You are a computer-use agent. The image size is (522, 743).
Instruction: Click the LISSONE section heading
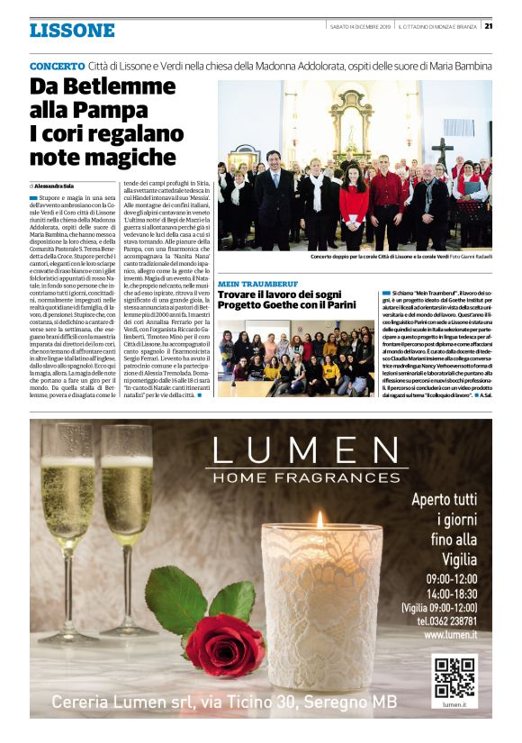(72, 31)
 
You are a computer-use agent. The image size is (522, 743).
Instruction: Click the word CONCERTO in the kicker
(58, 67)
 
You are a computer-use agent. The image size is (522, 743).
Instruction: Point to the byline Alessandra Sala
(56, 185)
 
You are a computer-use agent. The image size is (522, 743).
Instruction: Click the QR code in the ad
(454, 677)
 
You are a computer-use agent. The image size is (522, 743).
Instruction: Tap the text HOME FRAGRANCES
(304, 476)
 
